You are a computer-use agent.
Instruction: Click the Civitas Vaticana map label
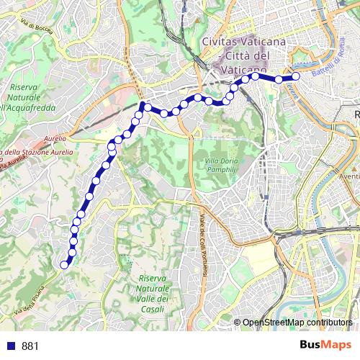pos(244,42)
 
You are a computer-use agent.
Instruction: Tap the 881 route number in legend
pos(30,346)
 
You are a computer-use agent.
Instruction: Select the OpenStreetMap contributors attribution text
pos(297,323)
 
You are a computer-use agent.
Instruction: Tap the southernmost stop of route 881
pos(64,264)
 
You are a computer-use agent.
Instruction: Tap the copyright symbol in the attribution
pos(238,323)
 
